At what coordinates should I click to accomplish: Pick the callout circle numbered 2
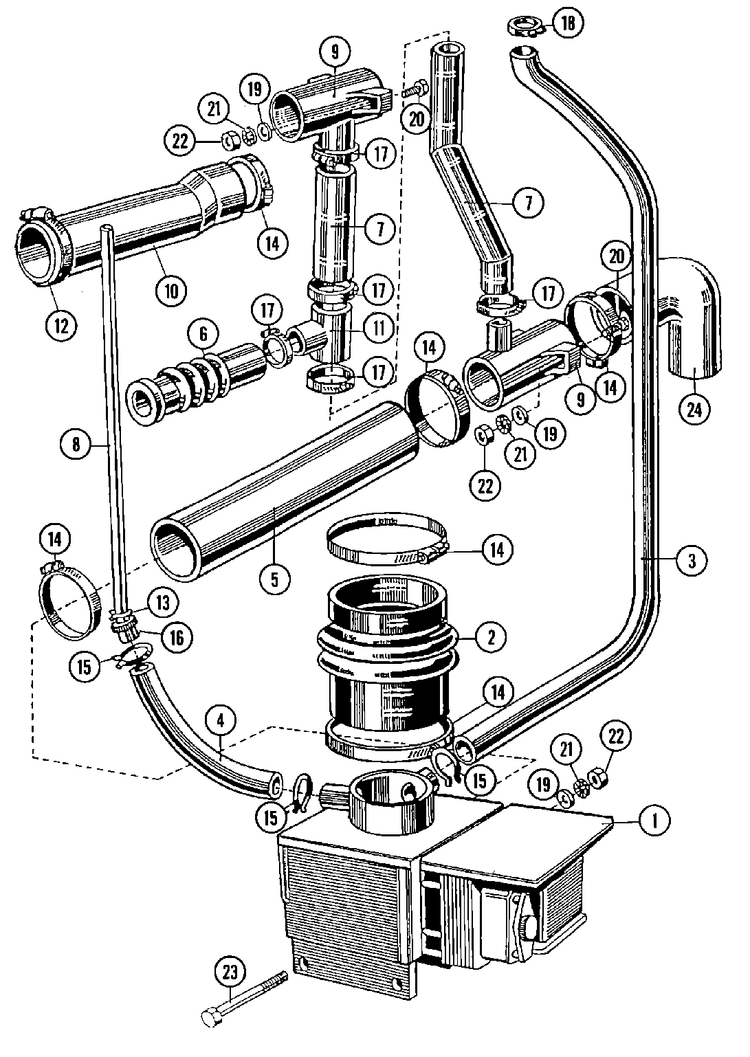pyautogui.click(x=490, y=636)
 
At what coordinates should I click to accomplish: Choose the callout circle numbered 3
pyautogui.click(x=692, y=560)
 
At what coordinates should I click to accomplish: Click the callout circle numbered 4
pyautogui.click(x=220, y=721)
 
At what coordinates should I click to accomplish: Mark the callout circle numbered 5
pyautogui.click(x=274, y=579)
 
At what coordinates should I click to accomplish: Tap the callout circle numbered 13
pyautogui.click(x=162, y=602)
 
